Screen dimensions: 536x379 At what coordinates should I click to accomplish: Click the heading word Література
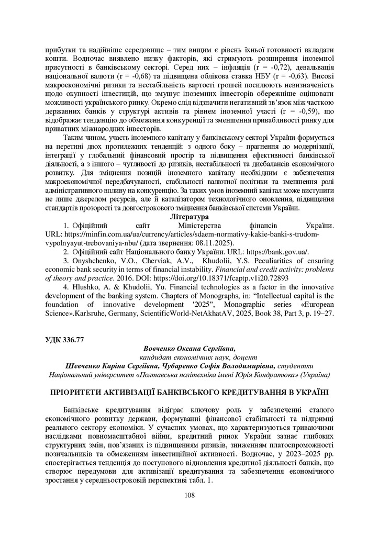[x=189, y=216]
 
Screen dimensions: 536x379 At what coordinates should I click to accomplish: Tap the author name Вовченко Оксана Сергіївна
[x=189, y=348]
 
